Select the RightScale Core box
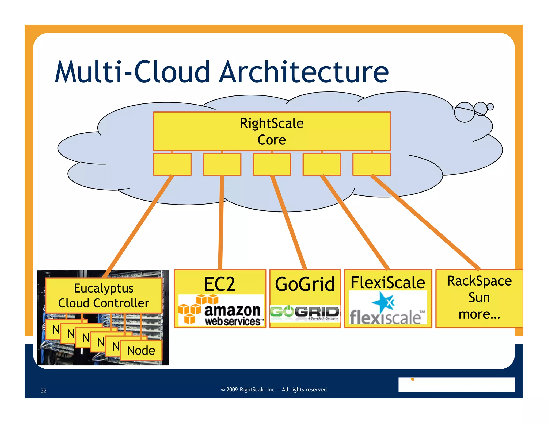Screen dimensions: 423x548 272,131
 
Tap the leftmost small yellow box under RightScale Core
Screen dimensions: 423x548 172,164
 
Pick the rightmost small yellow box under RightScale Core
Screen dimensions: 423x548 371,164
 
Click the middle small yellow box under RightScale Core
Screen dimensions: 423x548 272,164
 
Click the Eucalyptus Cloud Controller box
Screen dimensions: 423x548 104,295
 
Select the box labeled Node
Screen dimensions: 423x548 141,350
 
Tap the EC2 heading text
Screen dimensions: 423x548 220,284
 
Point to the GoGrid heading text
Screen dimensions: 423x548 305,284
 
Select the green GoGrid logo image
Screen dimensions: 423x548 305,312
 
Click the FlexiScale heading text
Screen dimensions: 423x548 388,283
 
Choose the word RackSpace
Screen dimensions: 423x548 479,281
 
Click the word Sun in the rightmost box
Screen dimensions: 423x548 479,298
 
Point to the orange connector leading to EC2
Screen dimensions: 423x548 221,222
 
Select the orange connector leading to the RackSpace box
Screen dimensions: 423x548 425,222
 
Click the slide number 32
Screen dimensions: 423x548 43,390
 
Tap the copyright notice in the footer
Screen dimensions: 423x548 274,390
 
